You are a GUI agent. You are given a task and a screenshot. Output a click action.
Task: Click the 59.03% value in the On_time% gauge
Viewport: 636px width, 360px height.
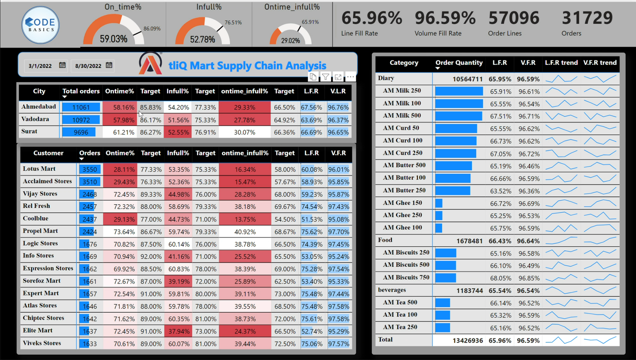(113, 39)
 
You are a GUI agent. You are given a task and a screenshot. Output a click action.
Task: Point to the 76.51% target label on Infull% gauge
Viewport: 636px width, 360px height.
(233, 22)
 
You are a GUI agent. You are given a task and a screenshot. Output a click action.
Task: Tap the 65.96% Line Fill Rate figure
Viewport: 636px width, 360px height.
(371, 18)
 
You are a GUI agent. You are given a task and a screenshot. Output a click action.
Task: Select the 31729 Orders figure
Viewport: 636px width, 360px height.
(587, 18)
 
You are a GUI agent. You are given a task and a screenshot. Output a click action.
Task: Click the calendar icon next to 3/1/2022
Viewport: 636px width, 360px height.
(62, 65)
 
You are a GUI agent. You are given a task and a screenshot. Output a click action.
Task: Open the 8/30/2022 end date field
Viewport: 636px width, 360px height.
(88, 66)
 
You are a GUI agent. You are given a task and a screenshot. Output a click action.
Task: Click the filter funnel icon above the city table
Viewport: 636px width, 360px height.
(326, 77)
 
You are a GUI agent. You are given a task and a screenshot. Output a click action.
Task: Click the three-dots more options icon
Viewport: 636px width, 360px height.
(350, 77)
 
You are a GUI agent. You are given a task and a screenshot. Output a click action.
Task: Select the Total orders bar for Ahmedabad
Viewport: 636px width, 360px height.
(81, 107)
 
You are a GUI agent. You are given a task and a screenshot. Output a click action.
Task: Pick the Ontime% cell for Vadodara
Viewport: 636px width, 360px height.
(120, 120)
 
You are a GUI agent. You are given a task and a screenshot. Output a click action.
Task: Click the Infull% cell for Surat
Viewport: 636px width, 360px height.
(178, 132)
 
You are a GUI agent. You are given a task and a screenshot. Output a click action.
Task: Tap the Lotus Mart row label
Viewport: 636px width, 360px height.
(39, 169)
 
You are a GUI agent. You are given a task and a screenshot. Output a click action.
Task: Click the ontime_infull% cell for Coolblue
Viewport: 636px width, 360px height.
(245, 219)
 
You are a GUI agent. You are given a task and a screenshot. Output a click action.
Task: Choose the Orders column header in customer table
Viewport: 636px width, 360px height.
(90, 153)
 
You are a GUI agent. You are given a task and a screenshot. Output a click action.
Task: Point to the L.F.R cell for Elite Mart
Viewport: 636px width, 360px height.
(312, 331)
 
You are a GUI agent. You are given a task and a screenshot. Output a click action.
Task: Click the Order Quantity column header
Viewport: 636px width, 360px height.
(459, 63)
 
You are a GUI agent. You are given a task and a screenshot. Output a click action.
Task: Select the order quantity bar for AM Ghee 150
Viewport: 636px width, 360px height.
(439, 203)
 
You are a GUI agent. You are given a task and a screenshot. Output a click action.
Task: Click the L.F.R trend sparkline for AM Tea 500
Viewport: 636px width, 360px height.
(561, 303)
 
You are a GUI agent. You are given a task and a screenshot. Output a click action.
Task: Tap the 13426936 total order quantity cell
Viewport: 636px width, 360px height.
(467, 340)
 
